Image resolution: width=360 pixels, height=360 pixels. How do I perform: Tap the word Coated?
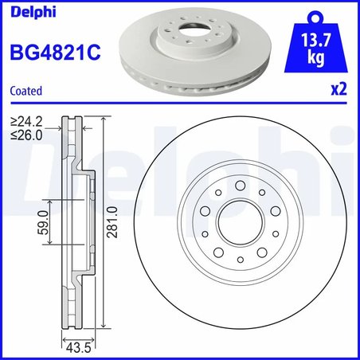[x=25, y=92]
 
